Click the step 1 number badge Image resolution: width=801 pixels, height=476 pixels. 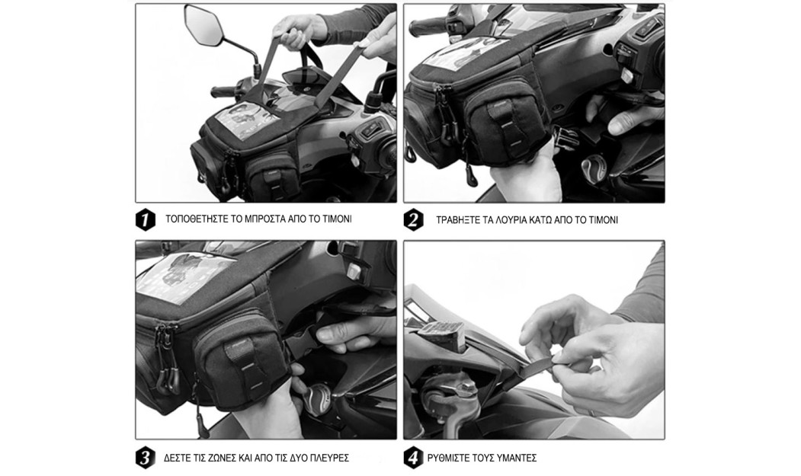(146, 220)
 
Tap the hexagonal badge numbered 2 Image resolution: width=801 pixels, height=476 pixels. (413, 220)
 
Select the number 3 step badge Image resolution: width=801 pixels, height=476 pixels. (146, 458)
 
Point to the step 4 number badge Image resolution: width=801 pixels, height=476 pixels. (413, 458)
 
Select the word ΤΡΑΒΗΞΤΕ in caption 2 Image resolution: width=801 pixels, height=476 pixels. (460, 220)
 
